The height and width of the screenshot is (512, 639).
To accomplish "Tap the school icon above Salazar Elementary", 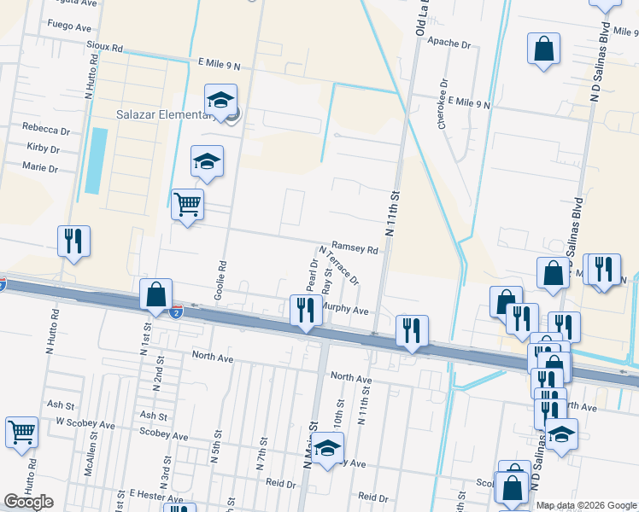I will click(x=220, y=101).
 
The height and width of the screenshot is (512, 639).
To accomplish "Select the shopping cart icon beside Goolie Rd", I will click(x=187, y=205).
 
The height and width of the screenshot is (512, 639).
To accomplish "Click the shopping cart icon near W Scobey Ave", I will click(x=21, y=432).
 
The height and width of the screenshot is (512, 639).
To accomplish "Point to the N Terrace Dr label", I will click(x=339, y=265).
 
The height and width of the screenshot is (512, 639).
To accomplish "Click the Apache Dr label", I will click(x=449, y=43).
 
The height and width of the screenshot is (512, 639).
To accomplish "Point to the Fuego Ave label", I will click(x=70, y=27).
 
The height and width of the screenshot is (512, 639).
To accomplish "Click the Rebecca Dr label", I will click(x=47, y=130).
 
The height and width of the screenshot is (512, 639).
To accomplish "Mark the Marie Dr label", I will click(x=42, y=168).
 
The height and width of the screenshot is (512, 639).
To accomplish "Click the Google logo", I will click(x=28, y=502).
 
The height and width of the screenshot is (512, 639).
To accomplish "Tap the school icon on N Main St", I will click(x=326, y=448).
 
